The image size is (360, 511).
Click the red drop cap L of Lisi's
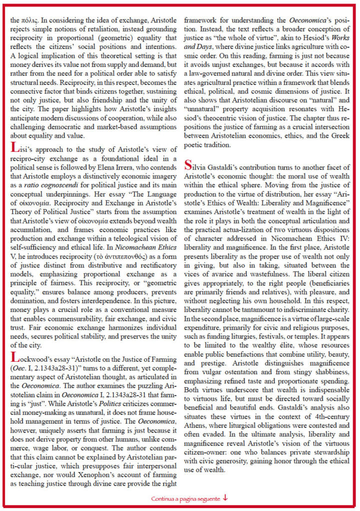(14, 148)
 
